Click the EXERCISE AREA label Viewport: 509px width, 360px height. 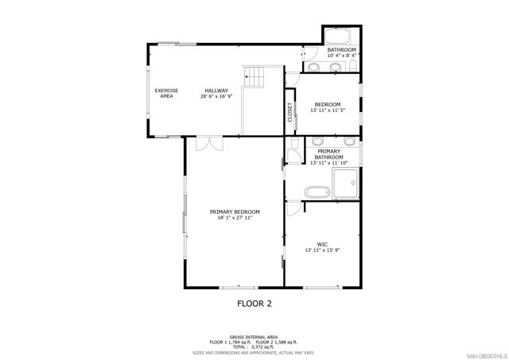pyautogui.click(x=166, y=94)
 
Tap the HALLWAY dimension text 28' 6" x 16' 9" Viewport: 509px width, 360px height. pyautogui.click(x=216, y=96)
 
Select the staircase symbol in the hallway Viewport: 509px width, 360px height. pyautogui.click(x=254, y=77)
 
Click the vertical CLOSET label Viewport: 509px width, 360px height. pyautogui.click(x=290, y=112)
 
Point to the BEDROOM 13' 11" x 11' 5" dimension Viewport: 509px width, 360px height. pyautogui.click(x=328, y=110)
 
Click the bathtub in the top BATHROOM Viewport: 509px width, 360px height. pyautogui.click(x=337, y=37)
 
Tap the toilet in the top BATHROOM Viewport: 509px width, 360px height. pyautogui.click(x=353, y=66)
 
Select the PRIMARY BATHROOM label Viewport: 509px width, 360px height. pyautogui.click(x=328, y=154)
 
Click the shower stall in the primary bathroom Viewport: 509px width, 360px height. pyautogui.click(x=346, y=183)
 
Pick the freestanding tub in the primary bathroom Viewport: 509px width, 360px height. pyautogui.click(x=317, y=192)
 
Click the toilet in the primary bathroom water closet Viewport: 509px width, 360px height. pyautogui.click(x=295, y=143)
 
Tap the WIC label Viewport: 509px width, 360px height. pyautogui.click(x=322, y=245)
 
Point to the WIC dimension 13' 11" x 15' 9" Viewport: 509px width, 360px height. pyautogui.click(x=322, y=250)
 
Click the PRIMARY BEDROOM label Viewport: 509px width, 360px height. pyautogui.click(x=235, y=212)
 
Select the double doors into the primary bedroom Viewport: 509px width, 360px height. pyautogui.click(x=210, y=144)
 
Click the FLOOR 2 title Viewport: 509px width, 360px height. pyautogui.click(x=254, y=304)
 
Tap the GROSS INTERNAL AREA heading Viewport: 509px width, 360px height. pyautogui.click(x=254, y=337)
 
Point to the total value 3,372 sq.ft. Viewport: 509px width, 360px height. pyautogui.click(x=262, y=347)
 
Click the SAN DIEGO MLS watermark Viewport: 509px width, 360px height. pyautogui.click(x=486, y=354)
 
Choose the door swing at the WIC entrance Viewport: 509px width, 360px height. pyautogui.click(x=294, y=208)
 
